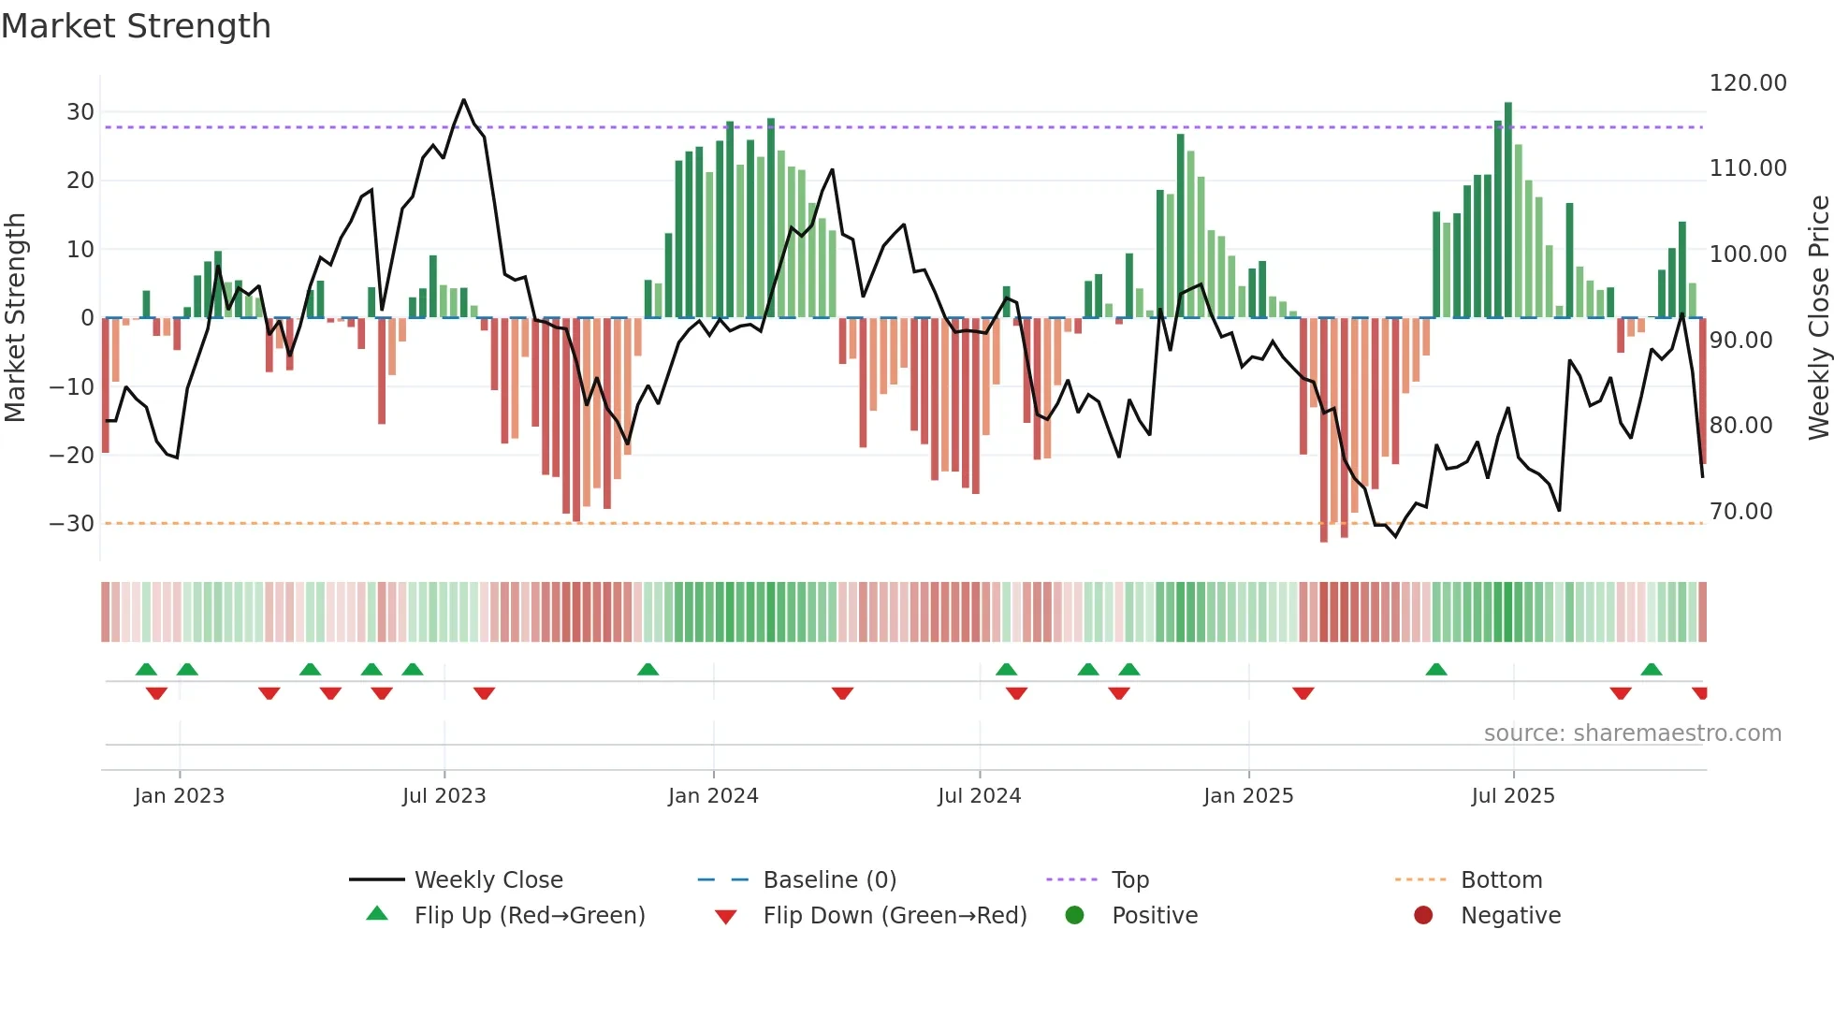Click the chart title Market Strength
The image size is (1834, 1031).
click(x=136, y=26)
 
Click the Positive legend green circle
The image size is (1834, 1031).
click(x=1074, y=916)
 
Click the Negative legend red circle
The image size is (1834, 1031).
click(x=1423, y=916)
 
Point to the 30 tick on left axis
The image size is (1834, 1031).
click(x=80, y=112)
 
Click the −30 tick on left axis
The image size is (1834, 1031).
click(x=72, y=524)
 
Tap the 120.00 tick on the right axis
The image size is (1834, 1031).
click(x=1747, y=83)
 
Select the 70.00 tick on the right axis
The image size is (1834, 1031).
click(x=1740, y=512)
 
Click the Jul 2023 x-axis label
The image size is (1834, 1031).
click(x=444, y=796)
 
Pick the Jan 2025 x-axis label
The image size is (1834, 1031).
click(x=1248, y=796)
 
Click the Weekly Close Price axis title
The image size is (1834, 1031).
click(x=1818, y=318)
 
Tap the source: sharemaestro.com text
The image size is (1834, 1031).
click(x=1632, y=733)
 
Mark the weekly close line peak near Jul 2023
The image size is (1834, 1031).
click(x=463, y=100)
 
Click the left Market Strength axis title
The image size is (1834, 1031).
click(x=15, y=318)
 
